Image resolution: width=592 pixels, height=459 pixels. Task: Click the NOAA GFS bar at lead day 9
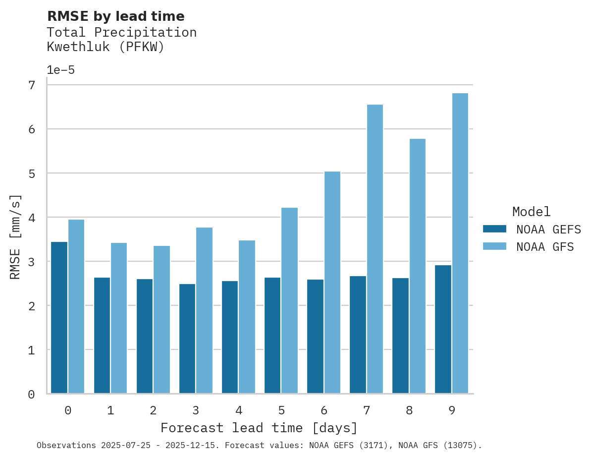click(460, 243)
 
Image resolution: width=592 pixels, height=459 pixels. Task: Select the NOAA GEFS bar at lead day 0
click(59, 318)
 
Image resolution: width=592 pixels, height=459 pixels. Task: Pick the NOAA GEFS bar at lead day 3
click(187, 339)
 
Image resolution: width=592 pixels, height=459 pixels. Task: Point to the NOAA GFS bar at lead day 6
click(332, 283)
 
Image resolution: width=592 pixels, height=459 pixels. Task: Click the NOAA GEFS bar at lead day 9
click(443, 329)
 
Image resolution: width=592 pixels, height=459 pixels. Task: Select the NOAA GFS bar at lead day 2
click(161, 320)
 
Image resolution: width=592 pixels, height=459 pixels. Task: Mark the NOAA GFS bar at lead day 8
click(418, 266)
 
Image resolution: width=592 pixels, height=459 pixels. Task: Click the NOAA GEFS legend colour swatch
click(494, 229)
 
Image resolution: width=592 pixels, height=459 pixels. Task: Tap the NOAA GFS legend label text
click(544, 247)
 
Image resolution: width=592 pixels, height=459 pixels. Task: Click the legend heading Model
click(531, 212)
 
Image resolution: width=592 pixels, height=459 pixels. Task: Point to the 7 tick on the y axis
click(32, 85)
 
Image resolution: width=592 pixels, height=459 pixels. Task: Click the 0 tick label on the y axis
click(32, 395)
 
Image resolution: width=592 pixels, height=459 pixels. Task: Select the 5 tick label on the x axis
click(281, 410)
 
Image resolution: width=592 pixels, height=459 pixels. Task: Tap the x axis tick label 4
click(239, 410)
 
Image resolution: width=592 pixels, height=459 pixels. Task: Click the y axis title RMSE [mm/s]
click(16, 236)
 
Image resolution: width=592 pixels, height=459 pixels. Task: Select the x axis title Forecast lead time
click(259, 428)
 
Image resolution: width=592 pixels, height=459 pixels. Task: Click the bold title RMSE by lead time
click(115, 16)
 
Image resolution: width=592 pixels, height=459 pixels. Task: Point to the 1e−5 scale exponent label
click(60, 70)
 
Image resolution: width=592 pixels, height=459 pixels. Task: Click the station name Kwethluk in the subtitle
click(78, 47)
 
